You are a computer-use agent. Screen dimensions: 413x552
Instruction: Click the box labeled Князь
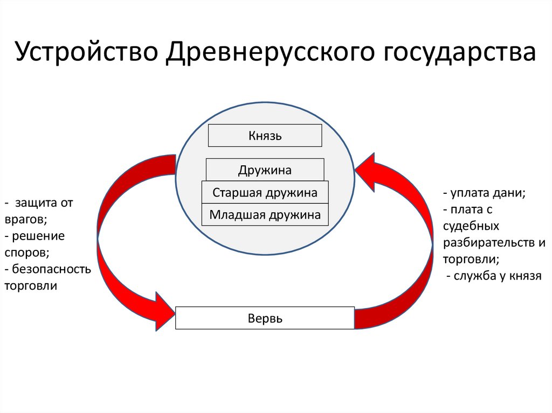(x=265, y=136)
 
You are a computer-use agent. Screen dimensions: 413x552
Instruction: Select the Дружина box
(x=265, y=170)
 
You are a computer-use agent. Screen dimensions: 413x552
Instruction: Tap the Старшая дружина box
(x=265, y=192)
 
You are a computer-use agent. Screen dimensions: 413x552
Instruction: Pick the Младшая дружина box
(x=265, y=215)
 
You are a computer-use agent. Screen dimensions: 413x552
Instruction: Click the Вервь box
(x=265, y=318)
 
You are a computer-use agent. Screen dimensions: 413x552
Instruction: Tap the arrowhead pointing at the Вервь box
(x=164, y=312)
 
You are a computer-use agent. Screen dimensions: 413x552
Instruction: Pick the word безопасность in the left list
(x=51, y=269)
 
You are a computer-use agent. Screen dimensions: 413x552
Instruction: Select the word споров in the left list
(x=25, y=252)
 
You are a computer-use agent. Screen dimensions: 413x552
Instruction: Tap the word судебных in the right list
(x=471, y=226)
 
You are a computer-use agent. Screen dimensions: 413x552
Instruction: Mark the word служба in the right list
(x=474, y=276)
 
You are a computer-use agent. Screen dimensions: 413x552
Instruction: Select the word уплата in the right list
(x=469, y=193)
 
